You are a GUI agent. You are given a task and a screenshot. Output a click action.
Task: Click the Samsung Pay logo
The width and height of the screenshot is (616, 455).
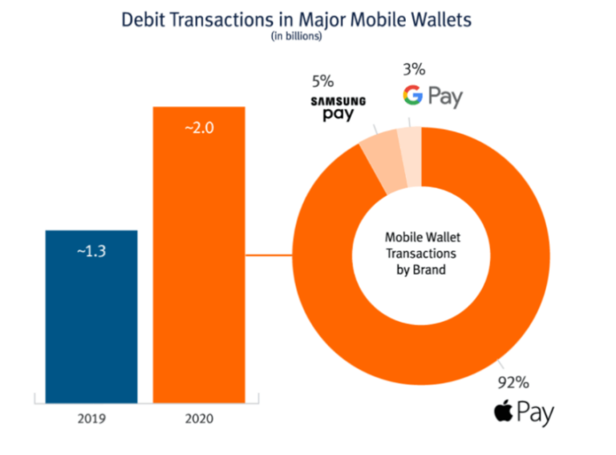click(338, 108)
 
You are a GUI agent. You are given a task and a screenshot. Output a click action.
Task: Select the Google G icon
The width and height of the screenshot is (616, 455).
click(413, 97)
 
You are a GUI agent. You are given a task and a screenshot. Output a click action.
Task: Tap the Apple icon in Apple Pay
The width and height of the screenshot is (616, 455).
click(503, 413)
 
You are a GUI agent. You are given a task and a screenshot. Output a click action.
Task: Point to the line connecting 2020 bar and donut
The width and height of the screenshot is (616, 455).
click(268, 256)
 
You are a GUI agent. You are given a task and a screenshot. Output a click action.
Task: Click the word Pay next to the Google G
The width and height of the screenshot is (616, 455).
click(445, 98)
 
